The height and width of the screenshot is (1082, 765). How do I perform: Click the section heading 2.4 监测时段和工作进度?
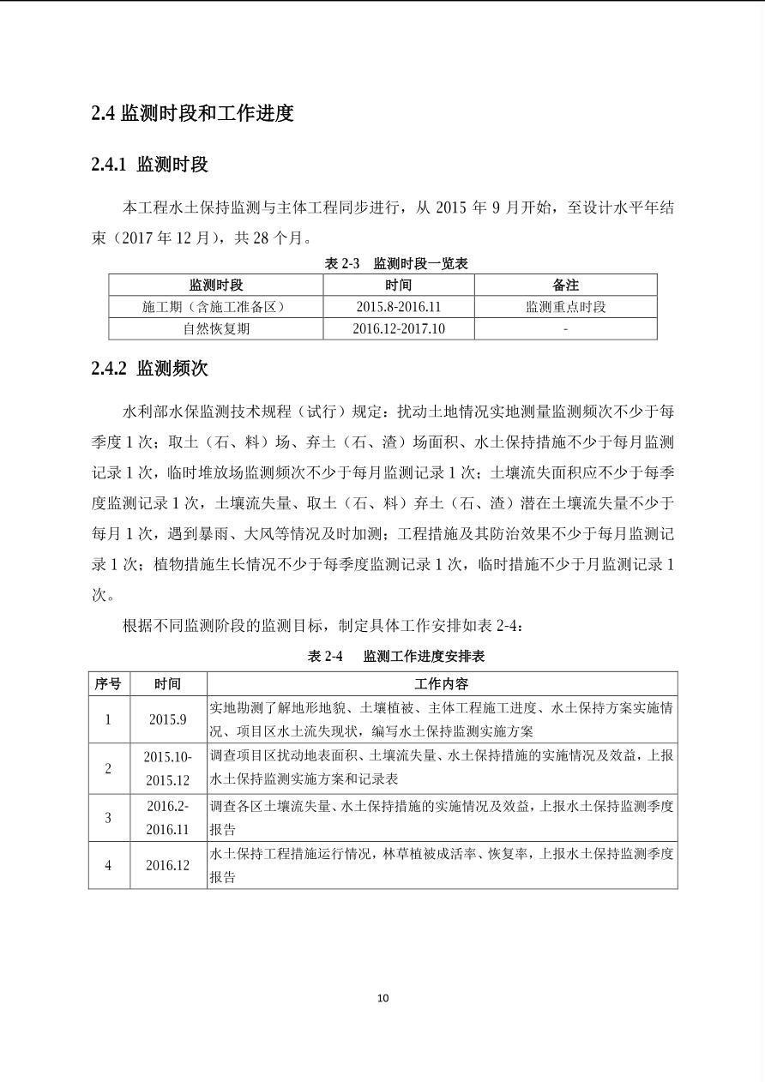(193, 113)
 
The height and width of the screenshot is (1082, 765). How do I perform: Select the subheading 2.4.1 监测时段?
(150, 165)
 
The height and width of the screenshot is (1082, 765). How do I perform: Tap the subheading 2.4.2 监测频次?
(150, 369)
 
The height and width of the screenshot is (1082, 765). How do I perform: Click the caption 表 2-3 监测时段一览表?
(396, 263)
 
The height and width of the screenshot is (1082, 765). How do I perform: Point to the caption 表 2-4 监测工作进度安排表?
(396, 656)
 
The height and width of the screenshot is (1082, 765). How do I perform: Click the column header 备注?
(565, 285)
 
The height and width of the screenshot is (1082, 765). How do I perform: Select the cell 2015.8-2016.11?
(398, 307)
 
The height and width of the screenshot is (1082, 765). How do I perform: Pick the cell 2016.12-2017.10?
(398, 328)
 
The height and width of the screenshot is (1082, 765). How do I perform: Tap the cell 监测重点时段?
(565, 307)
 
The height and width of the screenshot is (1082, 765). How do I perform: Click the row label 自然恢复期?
(216, 328)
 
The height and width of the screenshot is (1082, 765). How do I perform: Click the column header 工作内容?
(442, 683)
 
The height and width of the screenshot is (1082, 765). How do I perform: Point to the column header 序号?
(108, 683)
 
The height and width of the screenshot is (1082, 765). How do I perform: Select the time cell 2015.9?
(167, 719)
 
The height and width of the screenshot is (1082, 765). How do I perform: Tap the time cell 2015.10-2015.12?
(167, 768)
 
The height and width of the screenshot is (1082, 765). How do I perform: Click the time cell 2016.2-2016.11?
(167, 818)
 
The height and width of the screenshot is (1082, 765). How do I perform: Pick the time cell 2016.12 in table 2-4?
(167, 865)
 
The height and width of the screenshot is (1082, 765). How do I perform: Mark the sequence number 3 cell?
(108, 818)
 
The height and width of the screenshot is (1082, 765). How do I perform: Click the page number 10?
(382, 997)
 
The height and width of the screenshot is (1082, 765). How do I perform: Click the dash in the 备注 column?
(565, 328)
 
